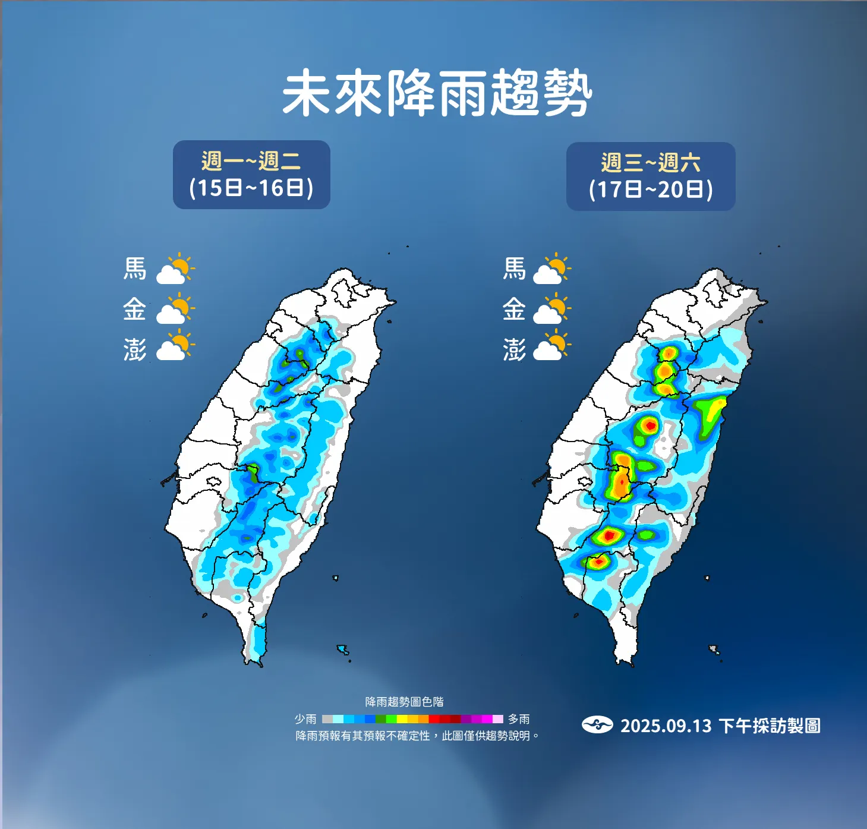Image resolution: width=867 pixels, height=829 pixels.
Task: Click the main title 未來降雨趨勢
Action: coord(437,93)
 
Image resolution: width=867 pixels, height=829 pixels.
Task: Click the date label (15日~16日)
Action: coord(251,188)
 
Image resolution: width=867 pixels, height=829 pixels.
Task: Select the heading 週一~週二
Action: coord(251,160)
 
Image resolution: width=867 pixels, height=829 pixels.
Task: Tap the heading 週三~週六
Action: coord(651,162)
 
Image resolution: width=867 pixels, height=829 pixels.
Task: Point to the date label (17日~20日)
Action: coord(651,190)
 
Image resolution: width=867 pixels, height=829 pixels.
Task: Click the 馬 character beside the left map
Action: coord(135,269)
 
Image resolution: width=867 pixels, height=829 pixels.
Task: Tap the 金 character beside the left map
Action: coord(135,309)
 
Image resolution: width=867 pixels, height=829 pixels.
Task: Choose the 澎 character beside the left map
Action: coord(135,349)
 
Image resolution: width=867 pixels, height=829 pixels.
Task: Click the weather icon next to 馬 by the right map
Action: coord(552,269)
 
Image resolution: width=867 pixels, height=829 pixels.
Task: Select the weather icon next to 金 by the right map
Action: coord(552,310)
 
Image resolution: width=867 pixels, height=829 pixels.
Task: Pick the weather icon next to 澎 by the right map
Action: coord(552,348)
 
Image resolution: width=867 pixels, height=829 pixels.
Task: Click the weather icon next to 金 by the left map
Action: coord(175,310)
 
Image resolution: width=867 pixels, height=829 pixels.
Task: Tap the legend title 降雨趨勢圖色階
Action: coord(404,702)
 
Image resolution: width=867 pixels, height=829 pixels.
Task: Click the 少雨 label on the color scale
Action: coord(305,719)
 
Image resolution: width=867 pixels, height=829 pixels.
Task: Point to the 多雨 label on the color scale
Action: coord(518,719)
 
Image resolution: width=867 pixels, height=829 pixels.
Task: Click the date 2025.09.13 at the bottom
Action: coord(666,726)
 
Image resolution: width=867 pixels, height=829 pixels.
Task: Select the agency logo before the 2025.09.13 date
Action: coord(597,725)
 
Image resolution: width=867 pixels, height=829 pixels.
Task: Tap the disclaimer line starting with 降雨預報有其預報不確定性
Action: coord(417,736)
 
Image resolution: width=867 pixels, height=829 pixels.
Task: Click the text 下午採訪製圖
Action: coord(770,726)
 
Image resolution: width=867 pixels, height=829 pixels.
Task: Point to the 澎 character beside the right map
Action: coord(515,349)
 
